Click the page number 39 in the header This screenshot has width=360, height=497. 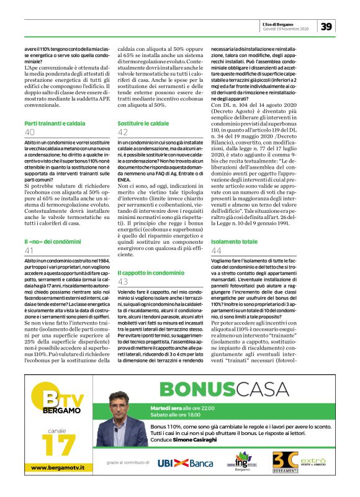[326, 25]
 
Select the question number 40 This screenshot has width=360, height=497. [30, 133]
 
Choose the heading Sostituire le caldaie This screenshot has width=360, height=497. [143, 124]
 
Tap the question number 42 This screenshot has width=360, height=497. [123, 133]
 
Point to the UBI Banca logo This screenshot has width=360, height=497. [185, 463]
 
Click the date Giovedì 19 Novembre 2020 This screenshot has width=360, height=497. [286, 28]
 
